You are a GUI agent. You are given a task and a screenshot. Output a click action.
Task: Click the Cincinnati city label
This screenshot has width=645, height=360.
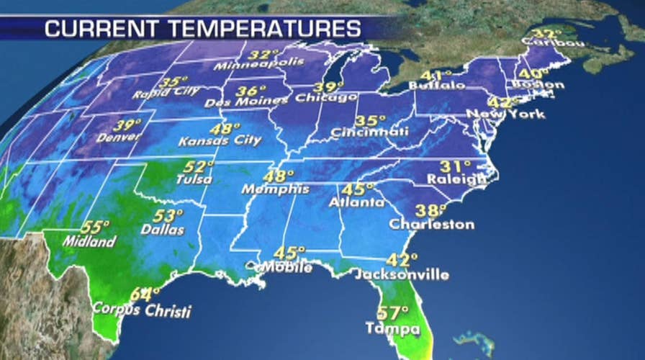coord(370,132)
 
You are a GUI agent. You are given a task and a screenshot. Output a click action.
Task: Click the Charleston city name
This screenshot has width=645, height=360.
coord(431,225)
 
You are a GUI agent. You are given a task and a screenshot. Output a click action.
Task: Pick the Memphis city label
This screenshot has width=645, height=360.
coord(275,189)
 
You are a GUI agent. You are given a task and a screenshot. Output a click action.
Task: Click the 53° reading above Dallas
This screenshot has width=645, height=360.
coord(168,216)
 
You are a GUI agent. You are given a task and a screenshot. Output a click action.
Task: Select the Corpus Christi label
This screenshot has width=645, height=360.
coord(142,312)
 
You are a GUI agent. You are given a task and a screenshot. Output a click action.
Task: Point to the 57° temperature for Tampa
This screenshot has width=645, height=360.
coord(393,314)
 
